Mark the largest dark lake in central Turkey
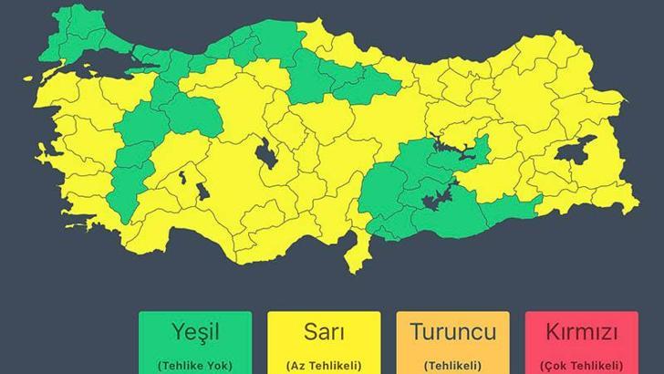pos(268,155)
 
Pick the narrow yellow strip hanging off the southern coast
pos(358,251)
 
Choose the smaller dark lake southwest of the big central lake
pos(200,192)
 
